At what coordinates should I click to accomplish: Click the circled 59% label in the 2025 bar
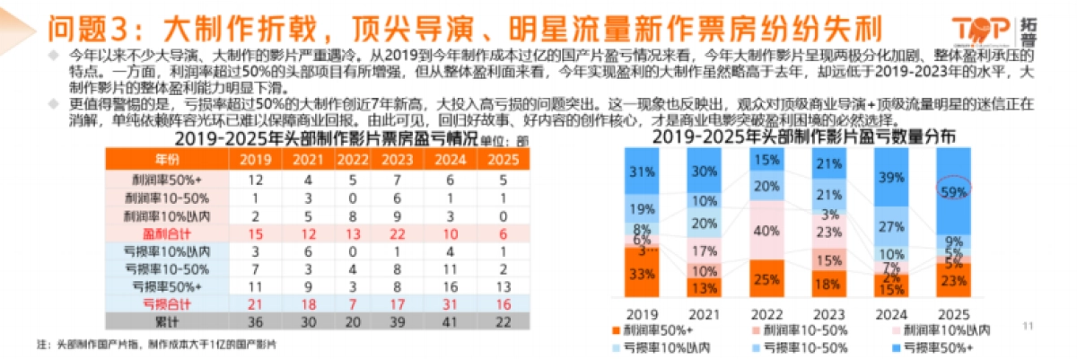pos(953,191)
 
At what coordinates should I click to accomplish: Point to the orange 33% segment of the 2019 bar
pos(641,274)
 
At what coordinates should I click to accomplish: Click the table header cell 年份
pos(168,160)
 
